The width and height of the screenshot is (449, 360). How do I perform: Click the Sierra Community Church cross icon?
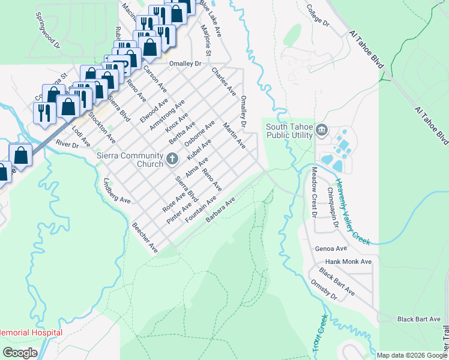[x=172, y=159]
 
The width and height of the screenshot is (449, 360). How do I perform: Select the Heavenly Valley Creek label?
[x=353, y=212]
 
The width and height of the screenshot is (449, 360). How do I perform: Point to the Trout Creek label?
[x=319, y=333]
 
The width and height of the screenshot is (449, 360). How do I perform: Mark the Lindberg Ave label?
[x=117, y=190]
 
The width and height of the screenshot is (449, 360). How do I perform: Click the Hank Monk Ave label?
[x=348, y=262]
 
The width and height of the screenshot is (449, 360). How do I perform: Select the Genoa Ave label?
[x=331, y=248]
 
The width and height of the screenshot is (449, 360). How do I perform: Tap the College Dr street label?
[x=318, y=16]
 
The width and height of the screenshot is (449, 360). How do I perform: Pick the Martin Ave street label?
[x=234, y=135]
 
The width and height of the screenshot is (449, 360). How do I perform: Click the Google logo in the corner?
[x=20, y=353]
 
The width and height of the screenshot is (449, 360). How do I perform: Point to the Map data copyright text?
[x=412, y=355]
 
